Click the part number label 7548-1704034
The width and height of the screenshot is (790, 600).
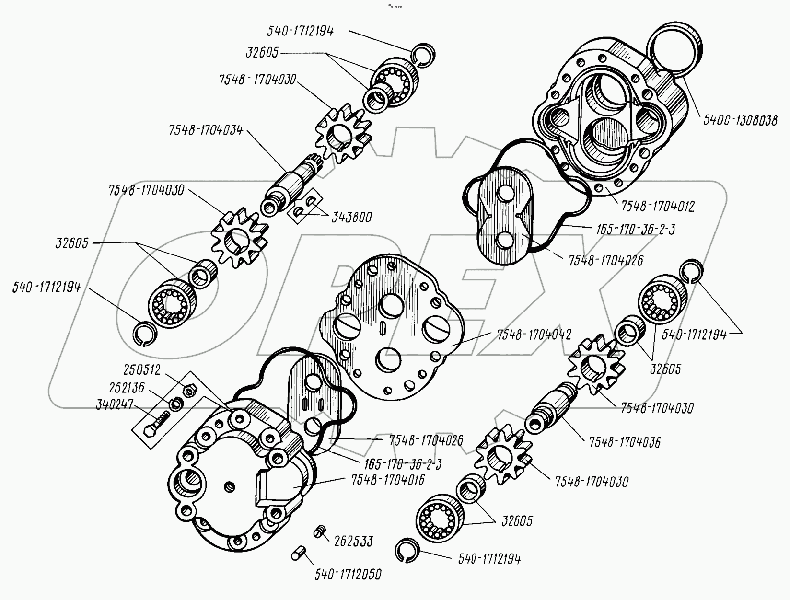point(206,130)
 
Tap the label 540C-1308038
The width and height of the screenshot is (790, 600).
point(740,120)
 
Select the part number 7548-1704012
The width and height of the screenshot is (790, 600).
point(658,206)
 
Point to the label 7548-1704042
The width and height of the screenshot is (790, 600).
point(534,335)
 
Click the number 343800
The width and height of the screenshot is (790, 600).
point(352,217)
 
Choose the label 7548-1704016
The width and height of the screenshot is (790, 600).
point(388,480)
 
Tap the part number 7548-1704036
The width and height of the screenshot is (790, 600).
point(625,442)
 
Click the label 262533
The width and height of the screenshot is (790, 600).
point(353,541)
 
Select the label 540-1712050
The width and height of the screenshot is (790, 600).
point(348,575)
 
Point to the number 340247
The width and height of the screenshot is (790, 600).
point(115,404)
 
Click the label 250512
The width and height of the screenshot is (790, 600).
point(142,370)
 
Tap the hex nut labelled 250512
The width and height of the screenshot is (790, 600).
point(189,390)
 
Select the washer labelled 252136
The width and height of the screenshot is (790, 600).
point(175,404)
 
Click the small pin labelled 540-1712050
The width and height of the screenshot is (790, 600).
point(298,553)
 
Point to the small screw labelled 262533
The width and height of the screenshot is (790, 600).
point(318,531)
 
